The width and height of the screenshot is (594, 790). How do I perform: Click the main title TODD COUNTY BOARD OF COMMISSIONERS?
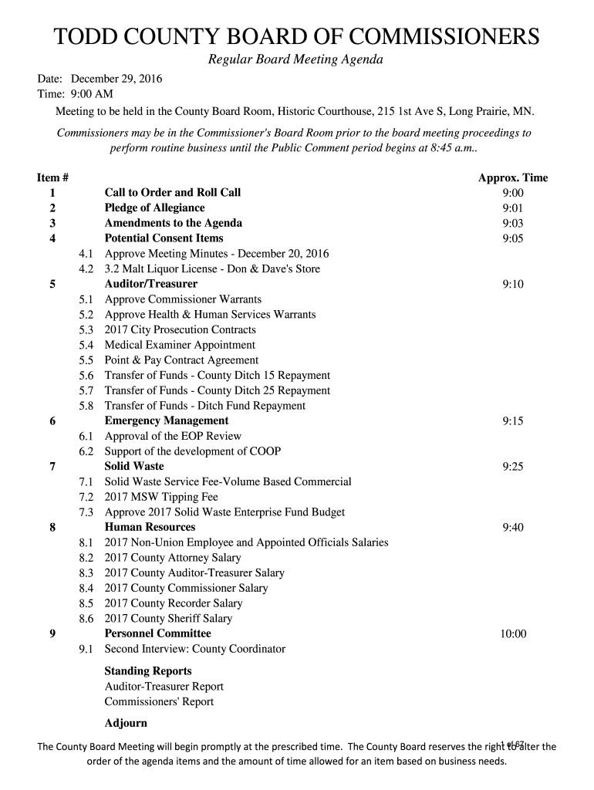point(296,37)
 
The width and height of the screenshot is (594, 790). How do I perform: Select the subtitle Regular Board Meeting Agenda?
point(296,60)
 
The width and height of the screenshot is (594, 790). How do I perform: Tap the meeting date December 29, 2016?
point(116,79)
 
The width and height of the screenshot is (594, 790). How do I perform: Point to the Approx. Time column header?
point(513,177)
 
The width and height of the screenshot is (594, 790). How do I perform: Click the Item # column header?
point(52,177)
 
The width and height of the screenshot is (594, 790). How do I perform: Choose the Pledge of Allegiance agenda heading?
point(154,208)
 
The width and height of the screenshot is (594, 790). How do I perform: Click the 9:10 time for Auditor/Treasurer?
point(513,284)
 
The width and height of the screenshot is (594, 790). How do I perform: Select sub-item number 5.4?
point(86,345)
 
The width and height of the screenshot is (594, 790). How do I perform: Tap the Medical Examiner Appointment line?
point(180,345)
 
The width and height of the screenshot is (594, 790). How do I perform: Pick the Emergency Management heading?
point(167,420)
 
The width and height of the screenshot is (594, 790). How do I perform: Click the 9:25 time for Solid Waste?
point(513,467)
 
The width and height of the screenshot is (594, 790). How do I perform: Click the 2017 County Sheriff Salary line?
point(168,618)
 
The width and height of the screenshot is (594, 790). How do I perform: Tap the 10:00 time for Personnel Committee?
point(513,633)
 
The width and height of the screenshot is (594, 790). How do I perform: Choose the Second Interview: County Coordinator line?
point(194,649)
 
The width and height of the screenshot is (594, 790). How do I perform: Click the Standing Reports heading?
point(148,671)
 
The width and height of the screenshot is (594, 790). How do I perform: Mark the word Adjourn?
point(126,723)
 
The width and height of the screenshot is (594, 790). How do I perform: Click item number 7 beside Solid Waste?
point(52,467)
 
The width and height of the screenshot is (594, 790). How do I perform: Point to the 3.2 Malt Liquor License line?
point(212,269)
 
